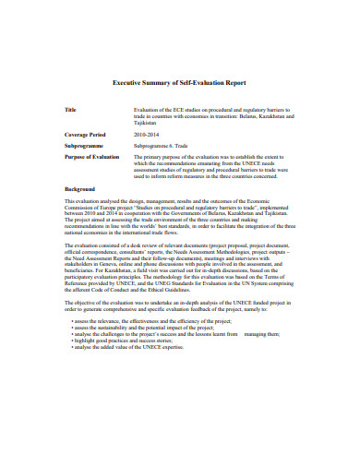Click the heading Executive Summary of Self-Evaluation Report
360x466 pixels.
coord(179,82)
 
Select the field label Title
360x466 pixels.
coord(70,109)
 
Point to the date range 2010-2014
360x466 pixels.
coord(147,135)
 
